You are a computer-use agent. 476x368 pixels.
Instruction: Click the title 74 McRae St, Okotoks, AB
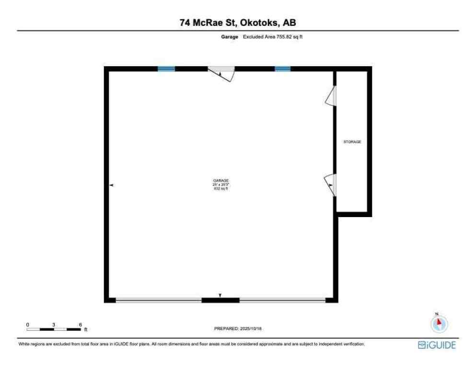pyautogui.click(x=238, y=22)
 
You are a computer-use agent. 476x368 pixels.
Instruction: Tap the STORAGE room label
pyautogui.click(x=352, y=142)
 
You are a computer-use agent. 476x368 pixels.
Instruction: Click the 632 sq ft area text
pyautogui.click(x=221, y=189)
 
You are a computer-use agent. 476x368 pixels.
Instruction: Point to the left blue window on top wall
pyautogui.click(x=166, y=69)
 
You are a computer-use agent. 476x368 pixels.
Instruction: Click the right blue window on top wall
pyautogui.click(x=282, y=69)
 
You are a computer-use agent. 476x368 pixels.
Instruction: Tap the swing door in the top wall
pyautogui.click(x=221, y=73)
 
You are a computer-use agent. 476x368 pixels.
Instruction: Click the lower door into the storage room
pyautogui.click(x=331, y=184)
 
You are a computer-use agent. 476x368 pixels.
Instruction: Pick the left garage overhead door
pyautogui.click(x=158, y=300)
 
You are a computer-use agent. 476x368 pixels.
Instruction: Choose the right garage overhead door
pyautogui.click(x=282, y=300)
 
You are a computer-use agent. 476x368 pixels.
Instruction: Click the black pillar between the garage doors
pyautogui.click(x=220, y=300)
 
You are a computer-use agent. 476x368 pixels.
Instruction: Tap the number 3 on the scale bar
pyautogui.click(x=54, y=324)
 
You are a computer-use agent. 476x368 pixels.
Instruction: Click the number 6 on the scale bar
pyautogui.click(x=81, y=324)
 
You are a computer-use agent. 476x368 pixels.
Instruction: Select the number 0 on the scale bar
pyautogui.click(x=28, y=324)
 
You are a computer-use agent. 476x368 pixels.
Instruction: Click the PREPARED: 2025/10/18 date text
pyautogui.click(x=238, y=329)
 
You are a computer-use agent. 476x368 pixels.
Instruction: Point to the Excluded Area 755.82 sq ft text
pyautogui.click(x=273, y=36)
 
